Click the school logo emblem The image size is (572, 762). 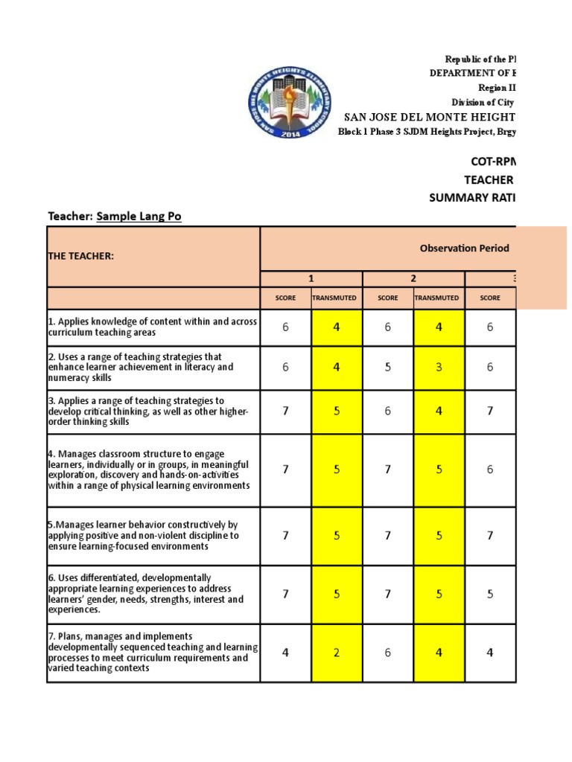pos(290,105)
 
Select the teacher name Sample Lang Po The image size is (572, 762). pos(139,217)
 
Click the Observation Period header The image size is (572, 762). pos(458,248)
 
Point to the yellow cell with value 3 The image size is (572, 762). pos(439,368)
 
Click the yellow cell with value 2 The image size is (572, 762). pos(337,653)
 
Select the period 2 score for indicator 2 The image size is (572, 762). pos(388,368)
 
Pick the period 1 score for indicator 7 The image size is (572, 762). pos(285,653)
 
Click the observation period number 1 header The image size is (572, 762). pos(311,278)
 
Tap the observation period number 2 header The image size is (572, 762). pos(413,278)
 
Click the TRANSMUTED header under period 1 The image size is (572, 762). pos(336,298)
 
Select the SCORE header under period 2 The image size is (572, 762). pos(388,298)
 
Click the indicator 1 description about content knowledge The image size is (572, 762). pos(153,327)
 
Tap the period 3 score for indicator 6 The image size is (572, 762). pos(490,595)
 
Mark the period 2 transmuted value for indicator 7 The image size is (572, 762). pos(439,653)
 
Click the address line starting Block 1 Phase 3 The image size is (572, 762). pos(428,131)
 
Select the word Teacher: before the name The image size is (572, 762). pos(69,217)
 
